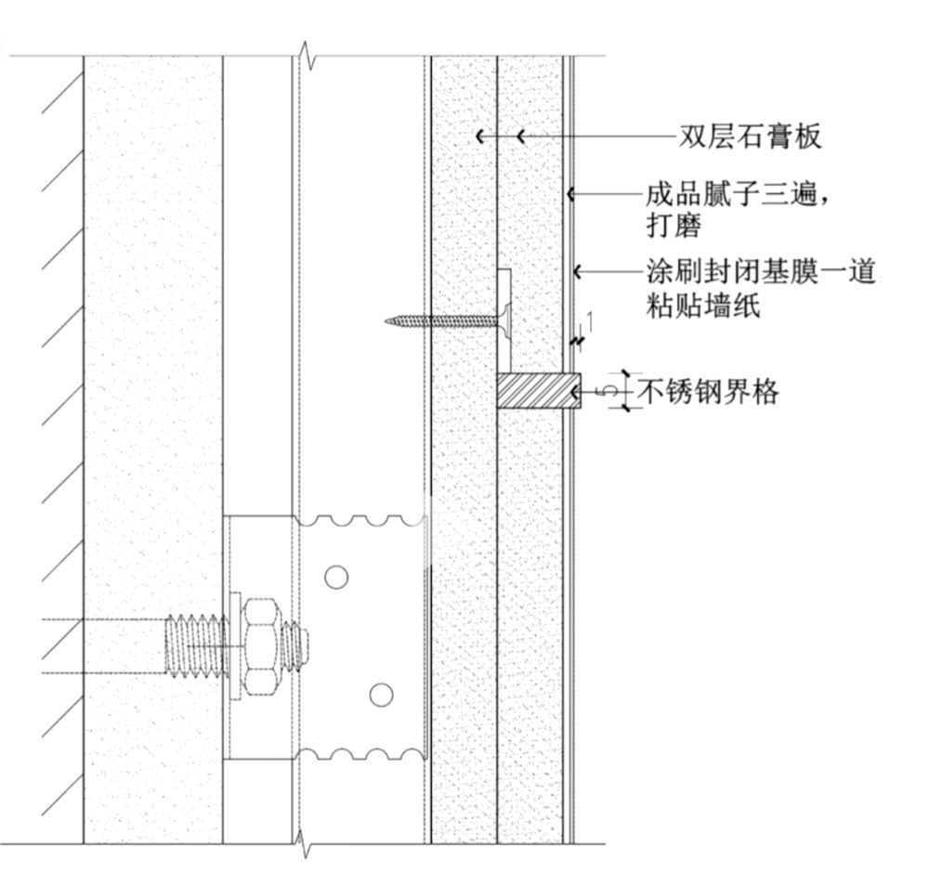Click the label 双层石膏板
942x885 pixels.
click(x=750, y=137)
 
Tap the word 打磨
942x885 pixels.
click(x=674, y=225)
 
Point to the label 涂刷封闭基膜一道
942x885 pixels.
click(x=761, y=273)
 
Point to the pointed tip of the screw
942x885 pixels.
click(x=388, y=322)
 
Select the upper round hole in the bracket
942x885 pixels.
click(x=335, y=577)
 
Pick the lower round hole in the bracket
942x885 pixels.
click(x=379, y=694)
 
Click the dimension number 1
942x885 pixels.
click(x=591, y=321)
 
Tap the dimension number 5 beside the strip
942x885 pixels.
click(x=609, y=392)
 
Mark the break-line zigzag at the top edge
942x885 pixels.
click(x=307, y=57)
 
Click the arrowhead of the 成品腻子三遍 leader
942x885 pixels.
click(x=571, y=195)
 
